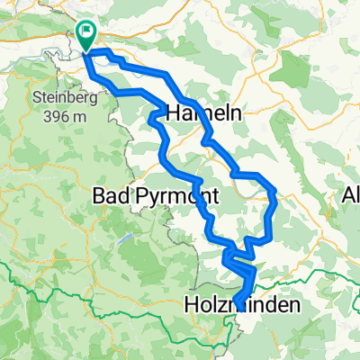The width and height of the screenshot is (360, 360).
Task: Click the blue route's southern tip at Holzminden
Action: point(236,302)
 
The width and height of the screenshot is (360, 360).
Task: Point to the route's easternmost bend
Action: point(275,193)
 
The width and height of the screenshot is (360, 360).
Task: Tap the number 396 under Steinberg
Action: point(52,114)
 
